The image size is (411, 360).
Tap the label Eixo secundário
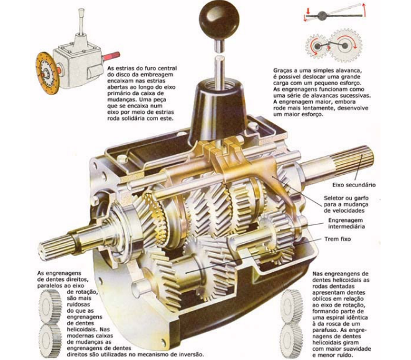point(354,185)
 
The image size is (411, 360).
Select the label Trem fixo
point(338,239)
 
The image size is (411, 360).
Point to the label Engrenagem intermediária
point(346,223)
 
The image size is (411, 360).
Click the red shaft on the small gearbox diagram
point(111,56)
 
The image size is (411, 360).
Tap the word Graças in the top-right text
point(283,71)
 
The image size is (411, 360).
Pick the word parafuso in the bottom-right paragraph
point(323,330)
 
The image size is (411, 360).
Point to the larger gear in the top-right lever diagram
point(345,46)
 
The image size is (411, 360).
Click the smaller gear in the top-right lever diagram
point(317,47)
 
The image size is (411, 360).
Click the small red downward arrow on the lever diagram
point(308,11)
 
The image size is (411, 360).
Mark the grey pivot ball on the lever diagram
point(322,15)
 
